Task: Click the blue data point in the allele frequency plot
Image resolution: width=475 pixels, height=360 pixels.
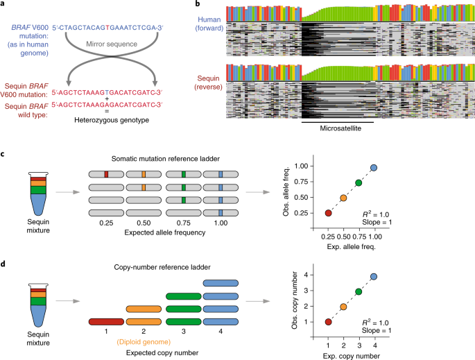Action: point(374,168)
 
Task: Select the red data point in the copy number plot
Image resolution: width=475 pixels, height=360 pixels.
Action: point(328,322)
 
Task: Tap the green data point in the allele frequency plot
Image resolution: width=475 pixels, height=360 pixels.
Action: point(359,182)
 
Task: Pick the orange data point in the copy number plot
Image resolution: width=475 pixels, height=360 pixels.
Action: point(343,307)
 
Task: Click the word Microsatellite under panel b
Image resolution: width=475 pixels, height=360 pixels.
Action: point(340,128)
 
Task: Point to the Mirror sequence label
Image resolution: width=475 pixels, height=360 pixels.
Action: point(112,44)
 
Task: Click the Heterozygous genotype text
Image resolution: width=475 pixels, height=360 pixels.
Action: point(112,120)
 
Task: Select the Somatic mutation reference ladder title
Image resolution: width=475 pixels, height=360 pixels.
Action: point(166,159)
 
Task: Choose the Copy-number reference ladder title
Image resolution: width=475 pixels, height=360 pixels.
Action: point(162,267)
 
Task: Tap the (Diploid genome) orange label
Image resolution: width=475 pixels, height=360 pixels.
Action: point(144,342)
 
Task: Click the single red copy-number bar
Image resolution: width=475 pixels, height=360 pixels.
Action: point(106,322)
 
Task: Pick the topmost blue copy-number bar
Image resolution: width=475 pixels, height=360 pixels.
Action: point(221,283)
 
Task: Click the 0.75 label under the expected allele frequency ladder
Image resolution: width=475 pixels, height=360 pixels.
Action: point(184,223)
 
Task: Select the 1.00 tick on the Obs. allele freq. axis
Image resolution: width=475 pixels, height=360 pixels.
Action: point(301,166)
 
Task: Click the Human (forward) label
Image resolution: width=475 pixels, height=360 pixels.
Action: point(209,24)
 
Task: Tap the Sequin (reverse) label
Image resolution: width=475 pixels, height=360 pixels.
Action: point(209,83)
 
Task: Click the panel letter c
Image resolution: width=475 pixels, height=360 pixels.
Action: point(2,154)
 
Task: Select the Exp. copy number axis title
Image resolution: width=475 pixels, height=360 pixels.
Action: point(352,356)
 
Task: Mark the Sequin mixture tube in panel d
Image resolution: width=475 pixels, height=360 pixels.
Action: point(38,305)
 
